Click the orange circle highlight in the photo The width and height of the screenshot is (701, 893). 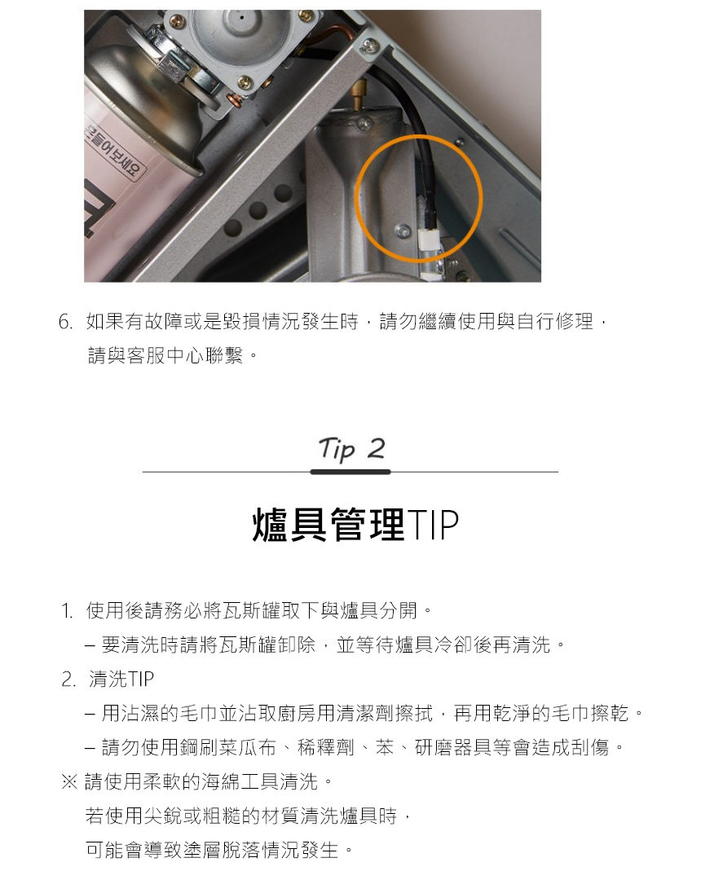pos(357,196)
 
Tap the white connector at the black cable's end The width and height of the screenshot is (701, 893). pos(428,240)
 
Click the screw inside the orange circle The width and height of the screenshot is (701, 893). pos(403,230)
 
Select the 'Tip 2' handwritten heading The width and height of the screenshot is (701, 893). pos(351,449)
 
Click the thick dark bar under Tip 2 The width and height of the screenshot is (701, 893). pos(350,472)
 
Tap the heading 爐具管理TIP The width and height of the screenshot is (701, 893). pos(355,524)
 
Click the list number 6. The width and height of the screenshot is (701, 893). pos(65,322)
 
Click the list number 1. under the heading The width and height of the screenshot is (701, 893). pos(67,611)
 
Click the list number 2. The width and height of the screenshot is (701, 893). pos(68,680)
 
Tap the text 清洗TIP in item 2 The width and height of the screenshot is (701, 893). pos(121,679)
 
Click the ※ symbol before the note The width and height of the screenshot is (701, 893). pos(69,782)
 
